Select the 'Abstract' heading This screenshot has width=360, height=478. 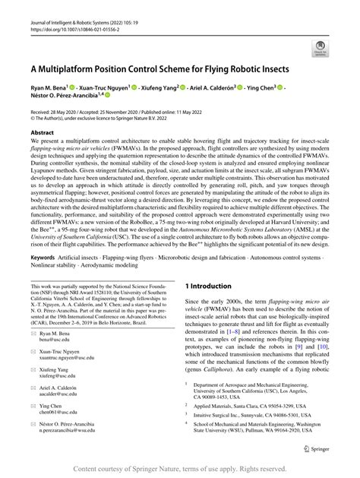[x=42, y=131]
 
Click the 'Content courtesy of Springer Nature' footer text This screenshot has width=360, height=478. [x=179, y=470]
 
